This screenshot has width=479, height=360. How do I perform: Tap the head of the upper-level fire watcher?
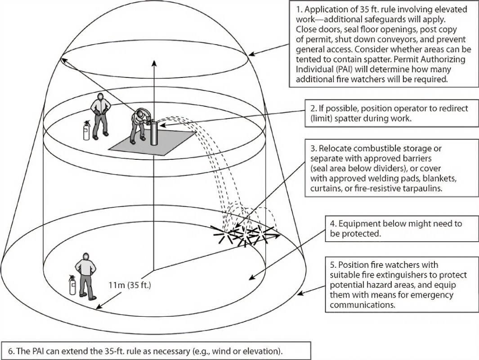pos(100,97)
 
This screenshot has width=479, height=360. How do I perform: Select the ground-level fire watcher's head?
pos(86,256)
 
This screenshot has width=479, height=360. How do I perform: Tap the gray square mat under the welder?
pos(152,142)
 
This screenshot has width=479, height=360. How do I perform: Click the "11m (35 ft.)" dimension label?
pos(130,285)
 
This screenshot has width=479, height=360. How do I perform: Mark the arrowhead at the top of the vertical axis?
pos(154,63)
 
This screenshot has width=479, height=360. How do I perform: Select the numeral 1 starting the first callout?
pos(298,9)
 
